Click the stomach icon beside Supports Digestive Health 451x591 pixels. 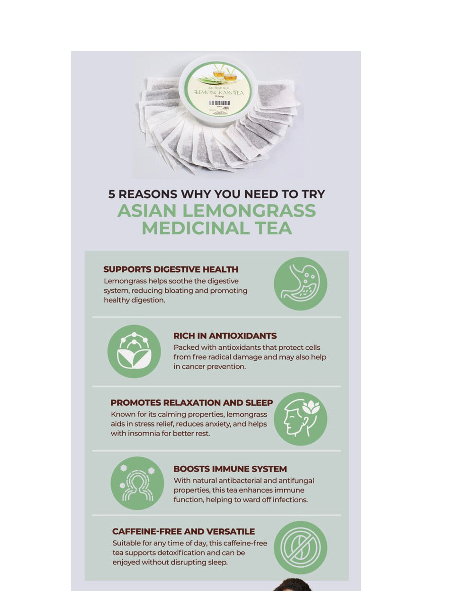click(300, 283)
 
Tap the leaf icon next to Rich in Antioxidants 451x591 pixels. click(134, 351)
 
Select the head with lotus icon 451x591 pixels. click(300, 418)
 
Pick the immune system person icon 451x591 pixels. click(137, 483)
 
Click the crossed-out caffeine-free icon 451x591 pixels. click(300, 547)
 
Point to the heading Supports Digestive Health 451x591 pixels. click(171, 270)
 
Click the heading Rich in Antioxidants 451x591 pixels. click(225, 336)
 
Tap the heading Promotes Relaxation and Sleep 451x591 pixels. click(191, 403)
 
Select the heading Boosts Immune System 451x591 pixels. click(230, 469)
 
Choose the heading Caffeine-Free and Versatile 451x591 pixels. click(183, 532)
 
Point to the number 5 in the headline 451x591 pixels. click(112, 194)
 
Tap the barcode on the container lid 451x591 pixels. click(219, 103)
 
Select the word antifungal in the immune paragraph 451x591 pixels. click(295, 481)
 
